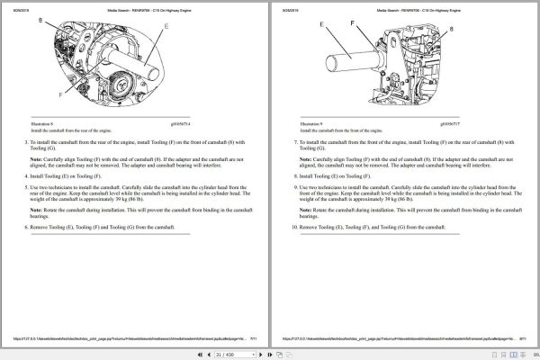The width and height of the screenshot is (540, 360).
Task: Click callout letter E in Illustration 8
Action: pos(165,28)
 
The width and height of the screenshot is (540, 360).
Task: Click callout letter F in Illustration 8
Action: pos(59,92)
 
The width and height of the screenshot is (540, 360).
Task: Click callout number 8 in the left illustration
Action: pos(40,18)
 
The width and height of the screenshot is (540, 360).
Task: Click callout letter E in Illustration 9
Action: pos(321,27)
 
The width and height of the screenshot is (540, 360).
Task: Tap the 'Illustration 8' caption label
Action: pos(42,123)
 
